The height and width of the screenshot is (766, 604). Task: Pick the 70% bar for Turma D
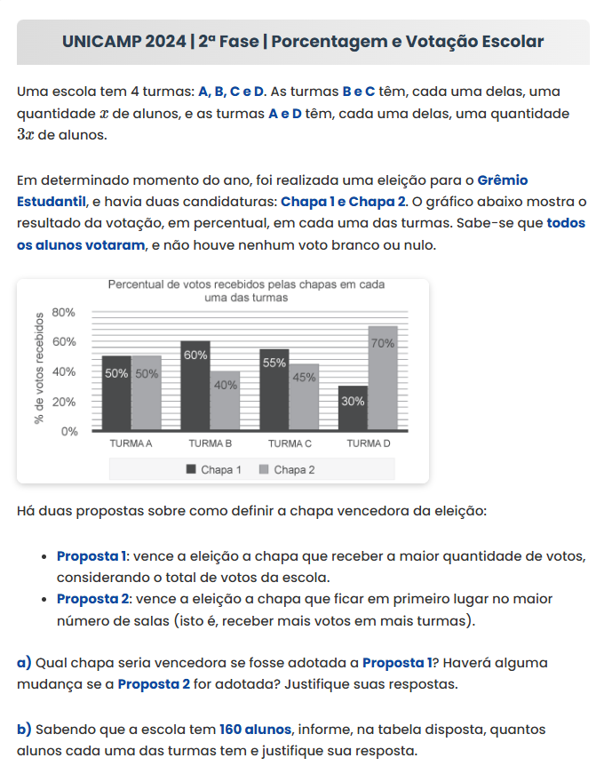[x=383, y=379]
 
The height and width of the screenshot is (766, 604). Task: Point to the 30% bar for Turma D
[x=353, y=409]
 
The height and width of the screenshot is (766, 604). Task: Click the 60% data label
[x=195, y=355]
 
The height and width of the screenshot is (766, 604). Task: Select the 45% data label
[x=305, y=377]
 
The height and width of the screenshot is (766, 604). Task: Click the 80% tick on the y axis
[x=65, y=313]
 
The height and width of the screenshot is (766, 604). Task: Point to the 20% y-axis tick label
[x=65, y=402]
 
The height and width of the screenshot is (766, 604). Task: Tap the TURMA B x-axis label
[x=211, y=443]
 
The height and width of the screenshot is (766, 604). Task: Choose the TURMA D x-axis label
[x=368, y=443]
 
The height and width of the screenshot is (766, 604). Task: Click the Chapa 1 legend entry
[x=214, y=469]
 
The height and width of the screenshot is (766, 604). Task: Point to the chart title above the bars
[x=246, y=291]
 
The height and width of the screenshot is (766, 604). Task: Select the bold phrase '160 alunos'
[x=255, y=729]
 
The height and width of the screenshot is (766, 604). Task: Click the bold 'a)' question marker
[x=25, y=662]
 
